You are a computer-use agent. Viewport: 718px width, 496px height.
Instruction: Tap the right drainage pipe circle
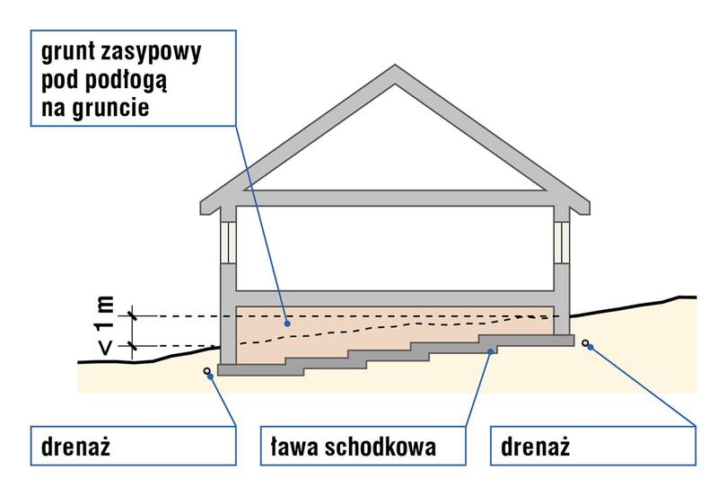click(587, 342)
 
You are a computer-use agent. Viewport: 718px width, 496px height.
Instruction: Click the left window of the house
click(228, 242)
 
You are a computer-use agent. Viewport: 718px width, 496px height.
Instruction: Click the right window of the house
click(563, 242)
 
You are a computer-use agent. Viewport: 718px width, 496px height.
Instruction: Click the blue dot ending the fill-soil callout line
click(286, 322)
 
